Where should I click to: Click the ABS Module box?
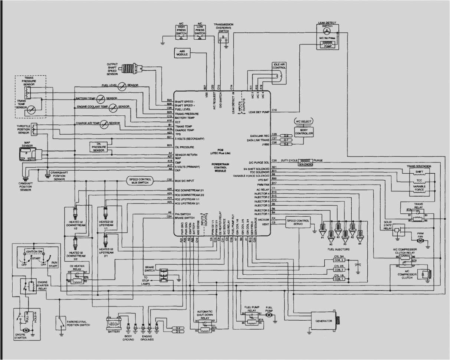coord(182,53)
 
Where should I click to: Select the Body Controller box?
coord(304,131)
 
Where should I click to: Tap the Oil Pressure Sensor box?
coord(98,147)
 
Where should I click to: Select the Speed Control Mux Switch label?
coord(139,181)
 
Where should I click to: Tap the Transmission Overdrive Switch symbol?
coord(223,37)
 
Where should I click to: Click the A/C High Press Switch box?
coord(181,32)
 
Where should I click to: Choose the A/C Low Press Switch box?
coord(200,32)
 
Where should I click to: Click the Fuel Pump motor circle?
coord(270,315)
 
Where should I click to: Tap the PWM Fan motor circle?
coord(420,240)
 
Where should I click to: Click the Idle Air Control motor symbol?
coord(279,76)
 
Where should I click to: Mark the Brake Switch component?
coord(163,274)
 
